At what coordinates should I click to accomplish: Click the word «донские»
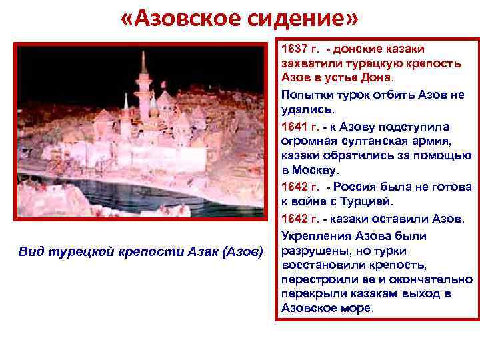(361, 50)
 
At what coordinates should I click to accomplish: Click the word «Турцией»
(369, 203)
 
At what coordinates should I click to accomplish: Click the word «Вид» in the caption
(30, 252)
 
